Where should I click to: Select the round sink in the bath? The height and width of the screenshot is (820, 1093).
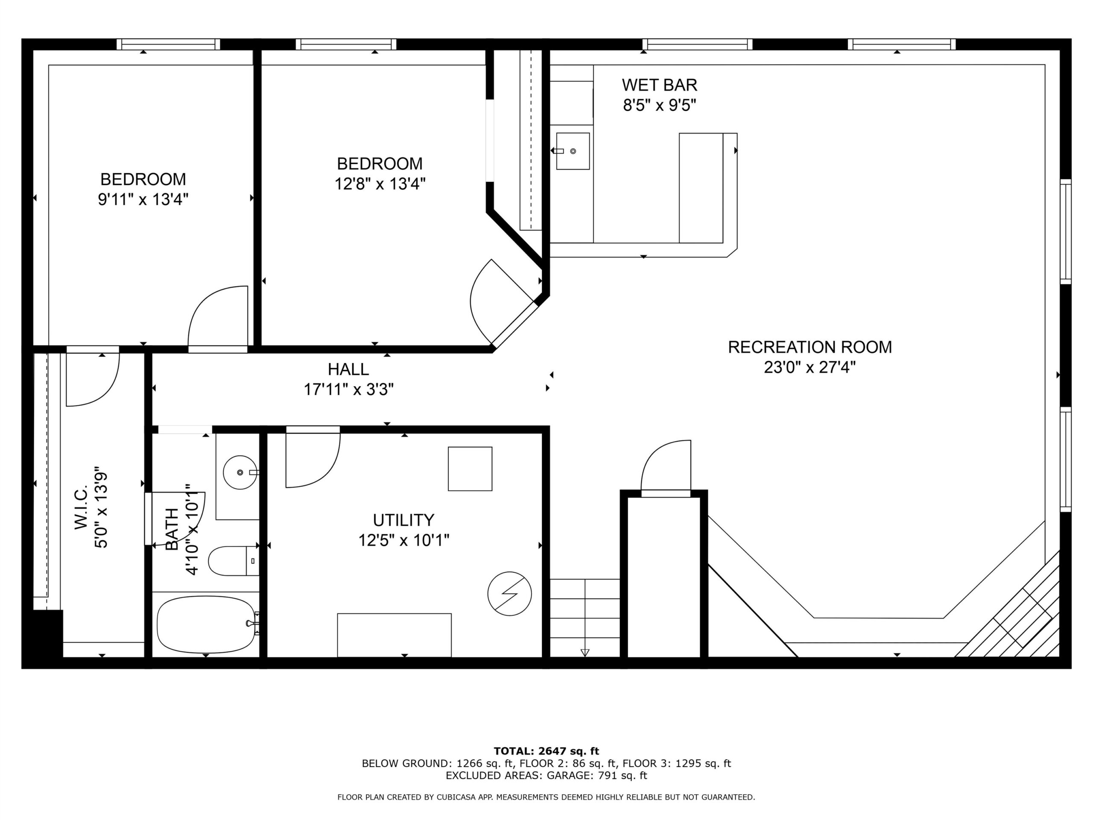pos(240,472)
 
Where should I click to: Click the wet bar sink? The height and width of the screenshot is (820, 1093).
pos(572,151)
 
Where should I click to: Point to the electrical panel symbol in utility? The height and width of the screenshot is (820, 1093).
pos(509,594)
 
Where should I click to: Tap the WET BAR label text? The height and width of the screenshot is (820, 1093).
pos(659,85)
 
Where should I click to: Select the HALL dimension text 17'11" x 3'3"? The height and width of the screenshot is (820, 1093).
pos(348,389)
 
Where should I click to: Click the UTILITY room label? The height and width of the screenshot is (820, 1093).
pos(403,520)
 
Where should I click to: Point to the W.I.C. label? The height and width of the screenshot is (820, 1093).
pos(81,507)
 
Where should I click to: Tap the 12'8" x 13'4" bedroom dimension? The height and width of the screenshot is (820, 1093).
pos(380,184)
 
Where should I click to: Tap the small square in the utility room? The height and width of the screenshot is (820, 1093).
pos(470,469)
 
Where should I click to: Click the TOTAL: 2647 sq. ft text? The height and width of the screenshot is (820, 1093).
pos(546,751)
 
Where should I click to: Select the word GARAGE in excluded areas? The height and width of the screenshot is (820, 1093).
pos(568,776)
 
